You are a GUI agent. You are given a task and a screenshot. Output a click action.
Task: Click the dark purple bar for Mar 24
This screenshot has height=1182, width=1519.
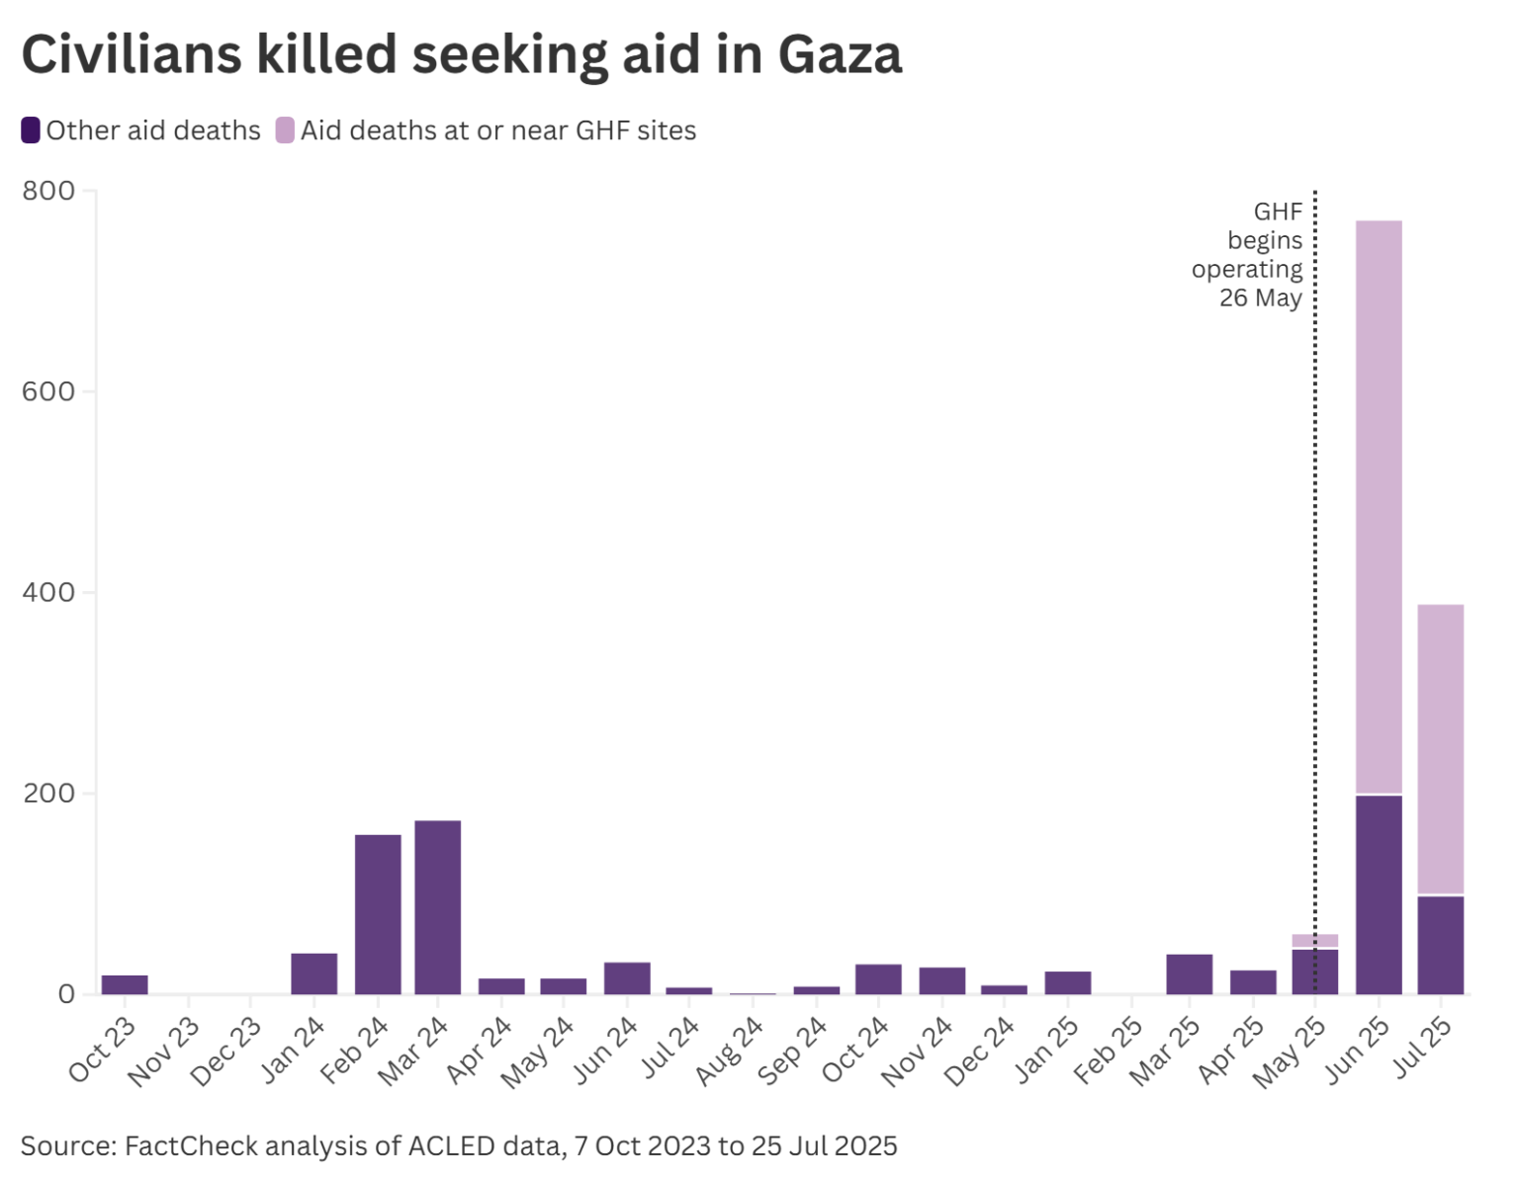pyautogui.click(x=437, y=906)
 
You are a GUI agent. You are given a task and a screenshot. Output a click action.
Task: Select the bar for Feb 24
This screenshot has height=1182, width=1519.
pyautogui.click(x=378, y=913)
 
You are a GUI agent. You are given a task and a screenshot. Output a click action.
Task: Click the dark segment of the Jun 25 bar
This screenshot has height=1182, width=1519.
pyautogui.click(x=1378, y=893)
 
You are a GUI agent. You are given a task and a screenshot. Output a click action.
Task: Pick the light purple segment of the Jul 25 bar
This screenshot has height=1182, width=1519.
pyautogui.click(x=1440, y=748)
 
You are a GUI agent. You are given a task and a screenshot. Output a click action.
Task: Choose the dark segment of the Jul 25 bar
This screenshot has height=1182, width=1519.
pyautogui.click(x=1440, y=944)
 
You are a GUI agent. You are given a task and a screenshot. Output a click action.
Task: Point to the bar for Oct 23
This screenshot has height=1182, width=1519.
pyautogui.click(x=125, y=984)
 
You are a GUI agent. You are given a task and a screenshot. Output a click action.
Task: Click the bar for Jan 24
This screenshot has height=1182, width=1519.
pyautogui.click(x=314, y=973)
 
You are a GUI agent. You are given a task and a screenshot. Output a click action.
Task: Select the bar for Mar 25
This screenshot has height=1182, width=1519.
pyautogui.click(x=1189, y=973)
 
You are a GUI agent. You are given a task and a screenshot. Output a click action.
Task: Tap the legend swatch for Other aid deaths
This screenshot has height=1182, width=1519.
pyautogui.click(x=31, y=130)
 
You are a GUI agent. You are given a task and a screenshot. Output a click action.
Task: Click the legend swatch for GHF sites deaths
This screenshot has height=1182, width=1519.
pyautogui.click(x=285, y=130)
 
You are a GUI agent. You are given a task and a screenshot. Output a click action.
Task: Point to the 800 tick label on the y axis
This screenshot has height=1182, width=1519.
pyautogui.click(x=48, y=191)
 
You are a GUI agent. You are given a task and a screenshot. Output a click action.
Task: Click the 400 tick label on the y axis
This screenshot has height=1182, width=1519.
pyautogui.click(x=48, y=592)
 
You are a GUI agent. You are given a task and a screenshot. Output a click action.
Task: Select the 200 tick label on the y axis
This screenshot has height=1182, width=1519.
pyautogui.click(x=48, y=794)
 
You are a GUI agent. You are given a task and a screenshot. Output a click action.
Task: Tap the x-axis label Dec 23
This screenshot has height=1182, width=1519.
pyautogui.click(x=227, y=1052)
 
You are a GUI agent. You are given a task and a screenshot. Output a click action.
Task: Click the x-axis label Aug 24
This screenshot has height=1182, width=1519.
pyautogui.click(x=732, y=1052)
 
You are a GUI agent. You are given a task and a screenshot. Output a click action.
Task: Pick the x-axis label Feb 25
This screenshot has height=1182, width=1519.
pyautogui.click(x=1110, y=1052)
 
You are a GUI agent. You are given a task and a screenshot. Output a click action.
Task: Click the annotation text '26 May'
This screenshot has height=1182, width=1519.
pyautogui.click(x=1260, y=297)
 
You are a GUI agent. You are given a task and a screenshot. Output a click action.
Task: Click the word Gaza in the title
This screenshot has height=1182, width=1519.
pyautogui.click(x=840, y=54)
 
